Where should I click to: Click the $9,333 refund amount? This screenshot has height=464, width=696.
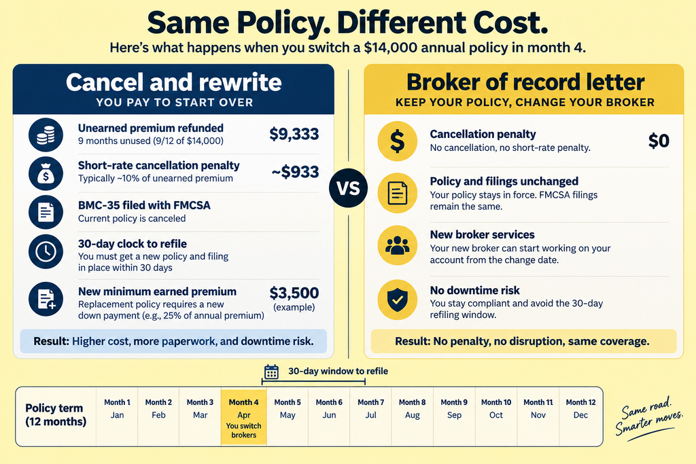(294, 134)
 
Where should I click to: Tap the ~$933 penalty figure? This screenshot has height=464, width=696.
(295, 172)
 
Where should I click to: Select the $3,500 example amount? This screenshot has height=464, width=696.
(294, 293)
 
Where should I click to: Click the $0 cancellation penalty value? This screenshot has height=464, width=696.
(659, 141)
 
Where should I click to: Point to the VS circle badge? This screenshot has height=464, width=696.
(349, 188)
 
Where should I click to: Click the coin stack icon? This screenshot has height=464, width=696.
(46, 135)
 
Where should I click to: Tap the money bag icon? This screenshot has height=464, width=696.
(46, 173)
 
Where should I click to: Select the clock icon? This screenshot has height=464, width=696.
(46, 251)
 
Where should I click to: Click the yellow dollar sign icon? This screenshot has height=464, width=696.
(397, 141)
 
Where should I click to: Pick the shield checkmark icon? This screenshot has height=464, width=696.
(397, 300)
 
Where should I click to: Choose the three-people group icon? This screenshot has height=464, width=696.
(397, 245)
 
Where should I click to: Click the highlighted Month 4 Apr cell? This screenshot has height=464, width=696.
(244, 417)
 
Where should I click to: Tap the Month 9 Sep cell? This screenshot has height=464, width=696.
(454, 417)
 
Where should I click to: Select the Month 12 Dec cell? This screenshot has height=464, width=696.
(580, 417)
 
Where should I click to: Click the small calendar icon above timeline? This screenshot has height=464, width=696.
(271, 372)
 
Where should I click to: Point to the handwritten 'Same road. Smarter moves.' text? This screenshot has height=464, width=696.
(648, 418)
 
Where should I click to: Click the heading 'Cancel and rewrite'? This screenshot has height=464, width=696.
(173, 82)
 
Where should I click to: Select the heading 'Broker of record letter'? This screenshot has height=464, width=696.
(525, 82)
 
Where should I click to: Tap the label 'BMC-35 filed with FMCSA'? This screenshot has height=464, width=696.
(144, 205)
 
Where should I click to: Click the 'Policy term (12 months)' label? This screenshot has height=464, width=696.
(56, 414)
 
